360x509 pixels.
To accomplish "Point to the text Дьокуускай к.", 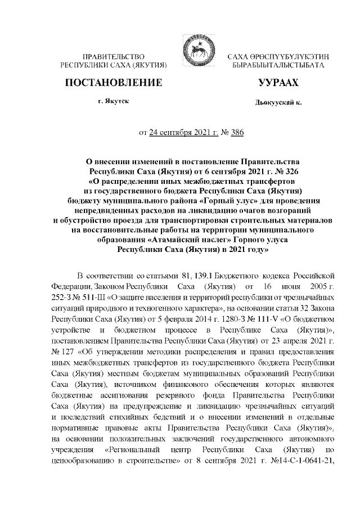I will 278,104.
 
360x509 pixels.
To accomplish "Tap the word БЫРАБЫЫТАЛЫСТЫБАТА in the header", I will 279,66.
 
